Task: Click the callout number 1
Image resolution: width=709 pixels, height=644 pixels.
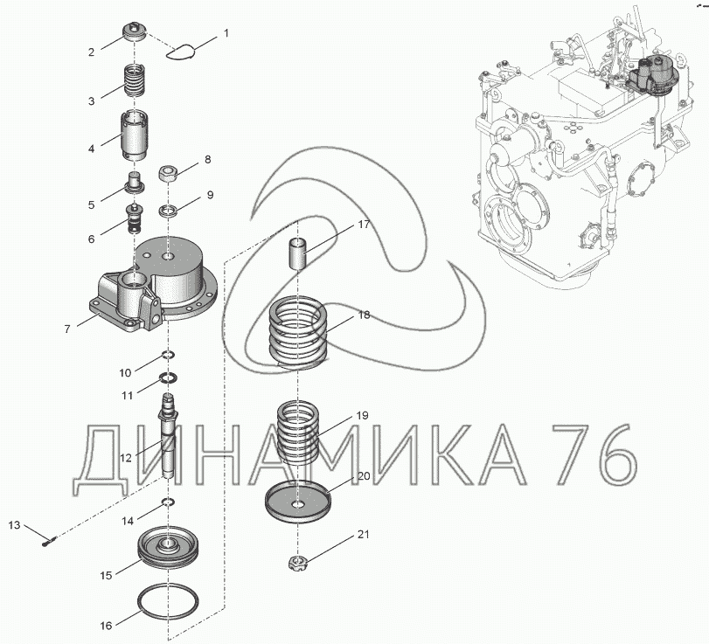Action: point(226,33)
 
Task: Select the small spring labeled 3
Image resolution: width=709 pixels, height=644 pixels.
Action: point(136,80)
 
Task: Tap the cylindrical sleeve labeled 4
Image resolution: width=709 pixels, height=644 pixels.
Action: point(135,135)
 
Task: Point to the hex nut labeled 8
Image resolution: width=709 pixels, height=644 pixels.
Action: point(167,174)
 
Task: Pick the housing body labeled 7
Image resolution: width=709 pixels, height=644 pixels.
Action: point(154,285)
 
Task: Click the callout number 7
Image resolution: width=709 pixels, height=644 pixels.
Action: point(67,329)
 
